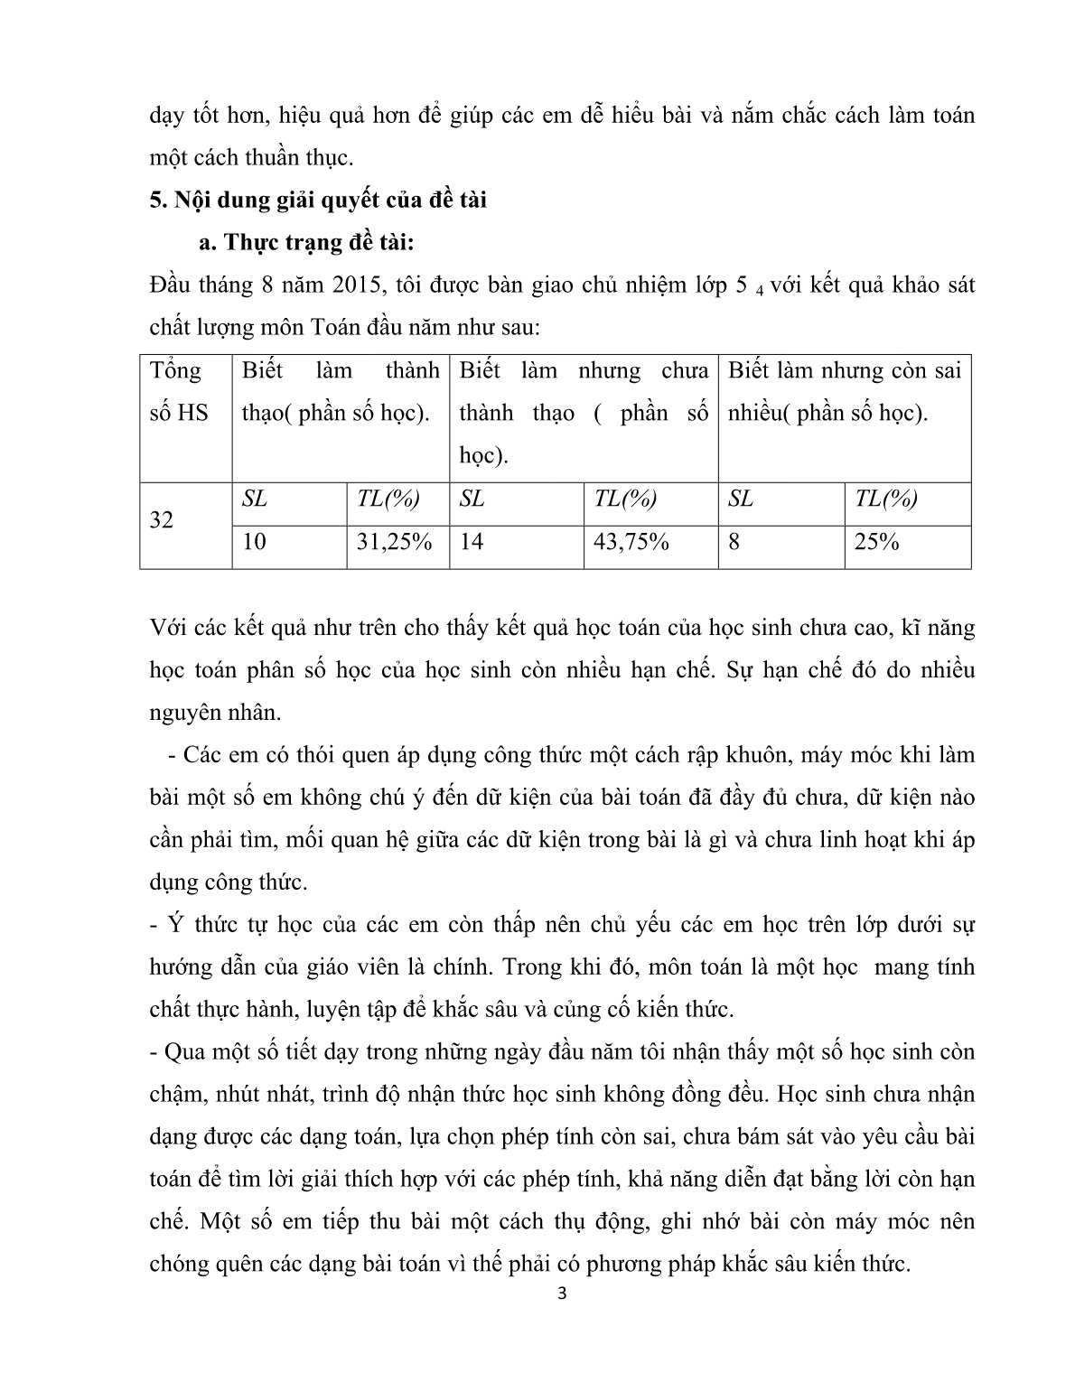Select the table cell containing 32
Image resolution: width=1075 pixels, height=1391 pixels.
(162, 521)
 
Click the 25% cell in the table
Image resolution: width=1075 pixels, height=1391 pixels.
(876, 543)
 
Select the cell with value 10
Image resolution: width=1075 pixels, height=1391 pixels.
(255, 543)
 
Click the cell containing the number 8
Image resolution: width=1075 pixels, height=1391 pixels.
(734, 543)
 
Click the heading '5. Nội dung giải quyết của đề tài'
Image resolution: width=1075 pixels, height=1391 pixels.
(318, 200)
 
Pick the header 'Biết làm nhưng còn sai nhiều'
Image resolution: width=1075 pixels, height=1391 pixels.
(844, 392)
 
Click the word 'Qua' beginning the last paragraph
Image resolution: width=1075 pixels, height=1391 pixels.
(185, 1052)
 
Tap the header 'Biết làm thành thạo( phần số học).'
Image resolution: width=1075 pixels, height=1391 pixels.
(341, 392)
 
